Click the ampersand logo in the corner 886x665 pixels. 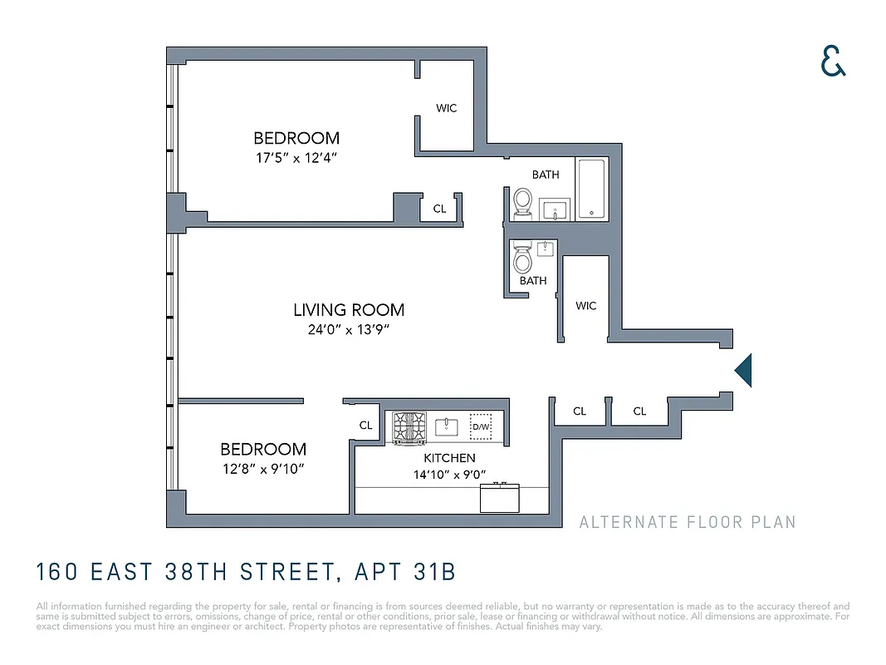(833, 62)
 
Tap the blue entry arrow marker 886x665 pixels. (743, 370)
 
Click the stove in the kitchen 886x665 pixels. (409, 426)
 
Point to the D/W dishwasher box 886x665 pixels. (481, 427)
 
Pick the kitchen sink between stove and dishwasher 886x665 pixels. (446, 427)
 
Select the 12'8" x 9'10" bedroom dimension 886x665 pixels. (263, 468)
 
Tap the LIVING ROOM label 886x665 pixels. (349, 310)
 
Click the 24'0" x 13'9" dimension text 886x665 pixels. (349, 329)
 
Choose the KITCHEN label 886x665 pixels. (449, 458)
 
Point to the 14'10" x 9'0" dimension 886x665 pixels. (449, 475)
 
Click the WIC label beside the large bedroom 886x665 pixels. (447, 108)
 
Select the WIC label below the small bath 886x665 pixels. (586, 306)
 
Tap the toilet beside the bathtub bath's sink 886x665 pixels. (522, 202)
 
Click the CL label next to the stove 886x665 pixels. (365, 425)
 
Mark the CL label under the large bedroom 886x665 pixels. (439, 209)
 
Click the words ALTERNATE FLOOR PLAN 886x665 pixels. (687, 522)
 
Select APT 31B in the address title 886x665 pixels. (405, 572)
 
